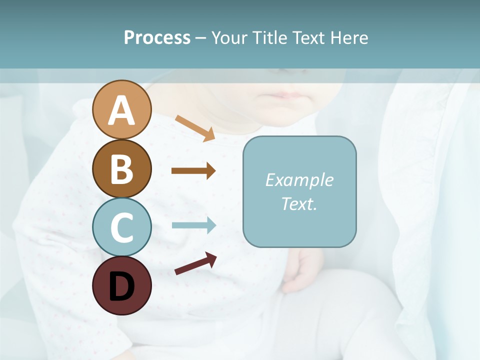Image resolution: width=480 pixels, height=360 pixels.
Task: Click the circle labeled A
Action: (122, 109)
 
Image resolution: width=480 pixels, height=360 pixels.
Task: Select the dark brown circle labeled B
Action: (122, 168)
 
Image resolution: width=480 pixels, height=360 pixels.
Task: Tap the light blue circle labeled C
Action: (122, 227)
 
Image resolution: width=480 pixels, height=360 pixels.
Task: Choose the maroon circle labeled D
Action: (122, 285)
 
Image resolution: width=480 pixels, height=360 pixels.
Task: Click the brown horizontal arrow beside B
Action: (193, 171)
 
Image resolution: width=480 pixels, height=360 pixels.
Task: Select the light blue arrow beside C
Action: (194, 225)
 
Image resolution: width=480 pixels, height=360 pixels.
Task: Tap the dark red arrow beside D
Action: (195, 263)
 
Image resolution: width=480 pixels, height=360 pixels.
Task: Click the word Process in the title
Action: (157, 38)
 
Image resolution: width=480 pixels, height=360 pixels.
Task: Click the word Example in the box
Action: (299, 180)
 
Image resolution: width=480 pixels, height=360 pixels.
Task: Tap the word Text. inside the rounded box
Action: (299, 203)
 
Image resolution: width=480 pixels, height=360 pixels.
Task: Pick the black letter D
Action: (122, 286)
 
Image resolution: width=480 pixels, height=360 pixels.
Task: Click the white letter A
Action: (122, 110)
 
